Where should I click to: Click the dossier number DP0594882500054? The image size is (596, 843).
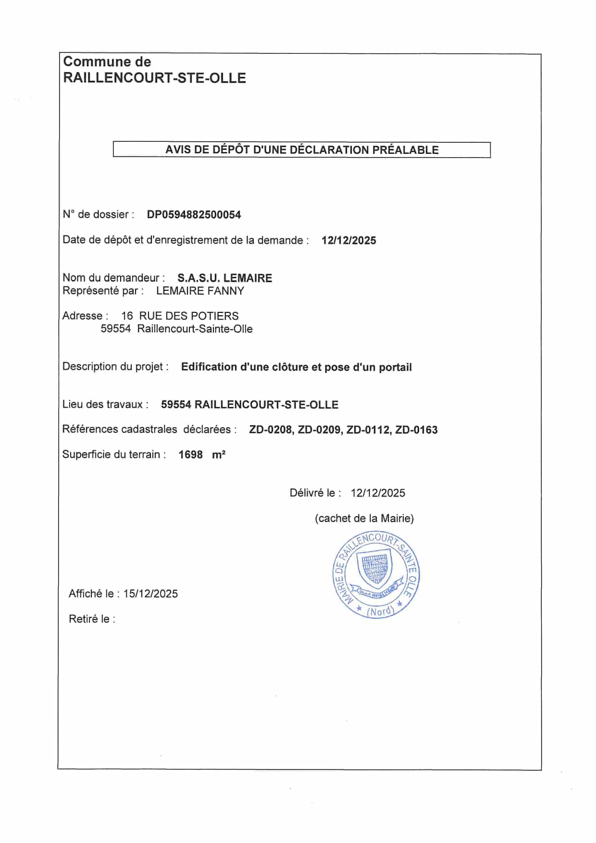194,215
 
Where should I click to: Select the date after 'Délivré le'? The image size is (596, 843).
378,493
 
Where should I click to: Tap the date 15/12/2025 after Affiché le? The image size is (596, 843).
150,594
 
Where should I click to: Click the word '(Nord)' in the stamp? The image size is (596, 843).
380,611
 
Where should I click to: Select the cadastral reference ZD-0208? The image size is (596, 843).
271,430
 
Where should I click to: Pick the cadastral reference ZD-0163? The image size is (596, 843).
416,430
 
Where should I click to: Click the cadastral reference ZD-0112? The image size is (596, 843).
368,430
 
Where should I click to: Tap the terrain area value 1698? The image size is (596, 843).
190,455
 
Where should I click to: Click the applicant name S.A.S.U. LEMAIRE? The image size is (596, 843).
224,278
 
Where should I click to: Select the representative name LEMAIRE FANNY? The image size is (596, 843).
200,291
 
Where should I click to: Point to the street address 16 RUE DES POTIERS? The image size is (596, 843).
180,316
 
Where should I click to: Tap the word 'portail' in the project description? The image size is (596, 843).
395,368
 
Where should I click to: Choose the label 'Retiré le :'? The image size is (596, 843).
92,620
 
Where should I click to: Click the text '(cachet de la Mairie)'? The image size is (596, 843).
364,519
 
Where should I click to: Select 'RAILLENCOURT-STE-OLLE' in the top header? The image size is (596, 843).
154,78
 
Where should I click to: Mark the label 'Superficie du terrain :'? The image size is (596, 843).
114,455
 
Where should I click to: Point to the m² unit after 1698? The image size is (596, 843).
219,455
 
